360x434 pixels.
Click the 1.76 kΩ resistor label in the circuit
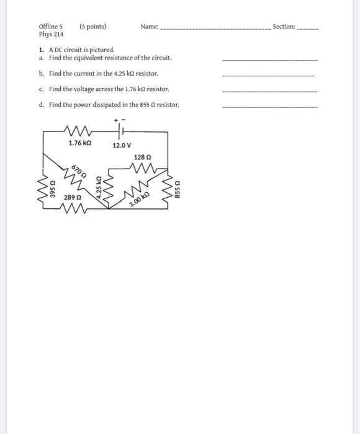[x=79, y=144]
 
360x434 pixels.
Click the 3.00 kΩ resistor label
[x=140, y=200]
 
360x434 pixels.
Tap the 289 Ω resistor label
[x=72, y=197]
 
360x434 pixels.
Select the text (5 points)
[x=92, y=27]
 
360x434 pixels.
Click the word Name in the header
[x=149, y=27]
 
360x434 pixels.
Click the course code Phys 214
[x=51, y=35]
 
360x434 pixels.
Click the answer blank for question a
[x=269, y=60]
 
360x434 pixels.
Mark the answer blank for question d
[x=269, y=107]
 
